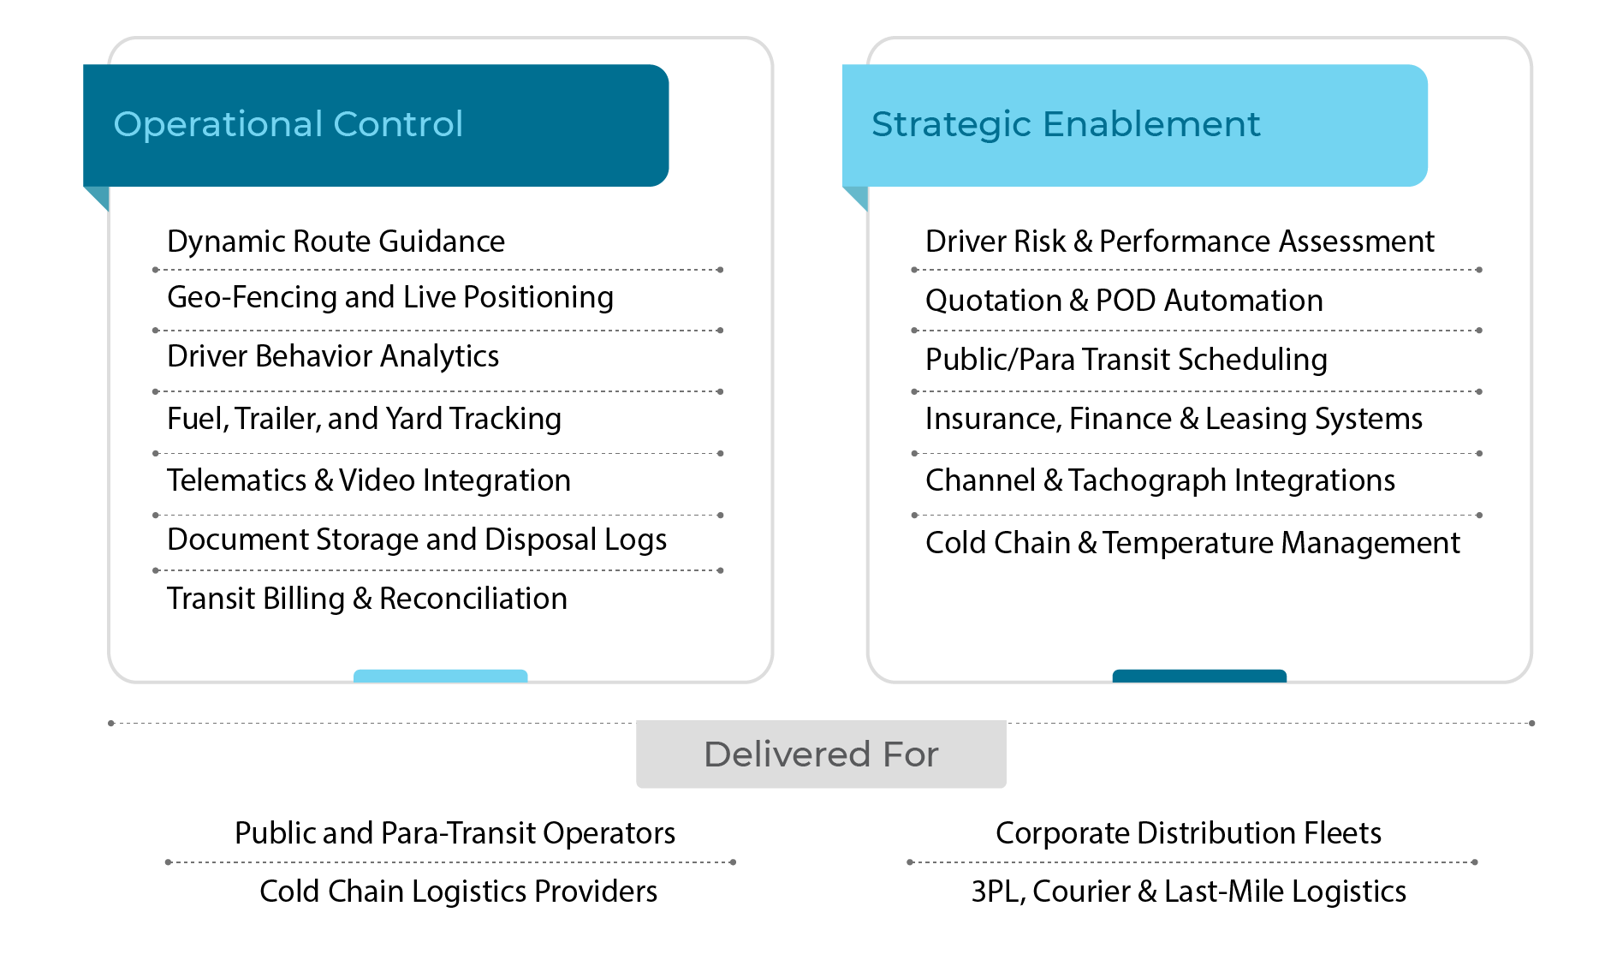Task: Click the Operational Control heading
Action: [x=288, y=124]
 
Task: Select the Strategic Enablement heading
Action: [x=1065, y=124]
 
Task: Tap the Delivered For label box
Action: [x=821, y=754]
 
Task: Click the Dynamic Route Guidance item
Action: [x=336, y=241]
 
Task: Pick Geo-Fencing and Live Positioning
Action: [x=390, y=297]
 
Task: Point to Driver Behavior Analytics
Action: [x=333, y=356]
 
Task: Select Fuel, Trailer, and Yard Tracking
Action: [x=364, y=419]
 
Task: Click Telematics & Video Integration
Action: [x=368, y=480]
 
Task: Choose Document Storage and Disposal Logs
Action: [x=417, y=540]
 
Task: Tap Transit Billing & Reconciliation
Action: [x=366, y=599]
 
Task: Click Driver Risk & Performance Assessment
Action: [x=1180, y=241]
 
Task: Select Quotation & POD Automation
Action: [x=1124, y=301]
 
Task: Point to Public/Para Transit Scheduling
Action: [x=1126, y=360]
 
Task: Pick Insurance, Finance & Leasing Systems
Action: [x=1174, y=419]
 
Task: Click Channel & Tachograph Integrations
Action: [x=1160, y=480]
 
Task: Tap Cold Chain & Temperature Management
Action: [x=1192, y=543]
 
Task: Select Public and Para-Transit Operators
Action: [x=455, y=833]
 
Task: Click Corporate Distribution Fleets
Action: [x=1188, y=833]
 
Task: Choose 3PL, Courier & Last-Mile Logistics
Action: [x=1188, y=891]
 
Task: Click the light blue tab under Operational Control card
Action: [x=440, y=676]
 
